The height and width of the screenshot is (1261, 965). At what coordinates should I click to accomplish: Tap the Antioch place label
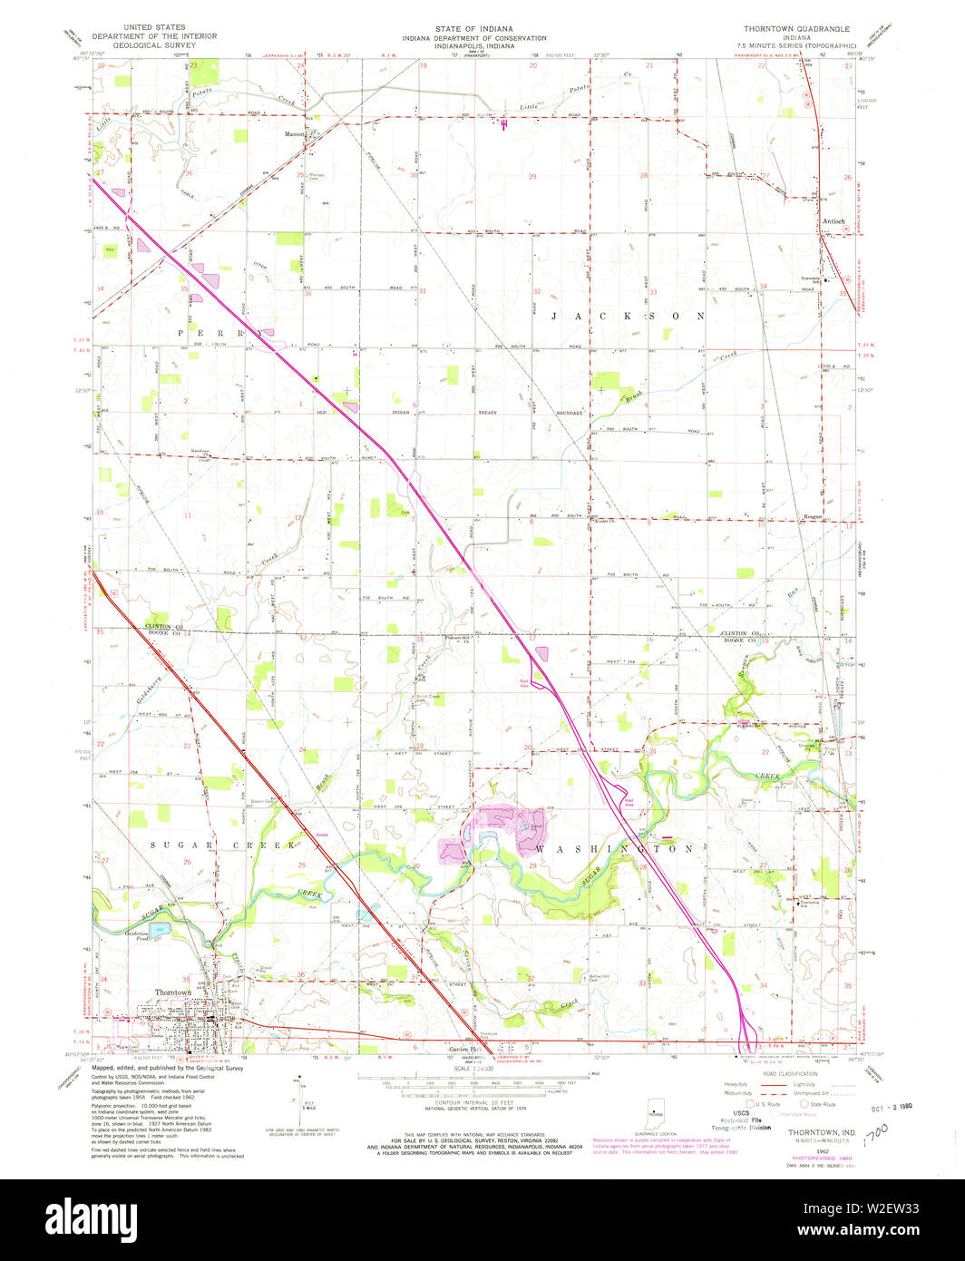(x=833, y=221)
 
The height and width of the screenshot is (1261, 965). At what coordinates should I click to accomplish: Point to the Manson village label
(x=294, y=135)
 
